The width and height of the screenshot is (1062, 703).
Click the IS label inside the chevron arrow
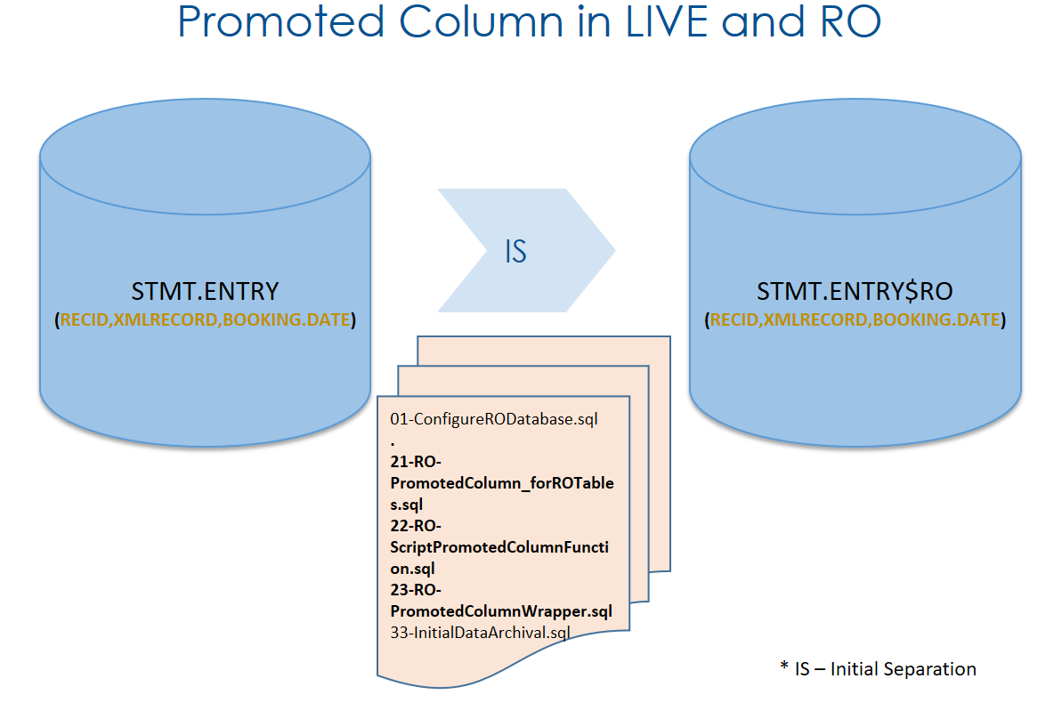515,252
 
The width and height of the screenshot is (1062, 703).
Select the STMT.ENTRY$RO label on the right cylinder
855,291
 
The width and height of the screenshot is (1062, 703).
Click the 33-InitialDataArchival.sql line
480,633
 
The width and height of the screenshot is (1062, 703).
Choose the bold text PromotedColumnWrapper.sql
501,611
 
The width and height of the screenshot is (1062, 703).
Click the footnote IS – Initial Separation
877,669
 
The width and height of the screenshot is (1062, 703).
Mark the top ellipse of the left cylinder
205,156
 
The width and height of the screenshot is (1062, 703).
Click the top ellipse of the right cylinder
855,156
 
